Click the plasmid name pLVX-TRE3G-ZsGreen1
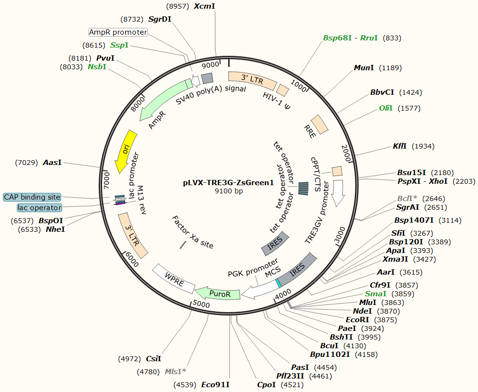click(x=228, y=183)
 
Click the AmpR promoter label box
click(x=118, y=32)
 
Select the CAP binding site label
click(x=32, y=197)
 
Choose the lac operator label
click(x=39, y=208)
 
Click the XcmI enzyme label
click(x=205, y=6)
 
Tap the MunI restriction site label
click(x=364, y=68)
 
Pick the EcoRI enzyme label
click(x=358, y=319)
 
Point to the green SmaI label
click(x=375, y=293)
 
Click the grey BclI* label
click(x=407, y=198)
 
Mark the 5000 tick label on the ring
click(x=201, y=304)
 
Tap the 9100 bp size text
click(x=228, y=191)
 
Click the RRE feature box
click(x=319, y=125)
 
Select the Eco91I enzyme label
click(x=215, y=384)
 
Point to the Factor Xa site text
click(x=193, y=231)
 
